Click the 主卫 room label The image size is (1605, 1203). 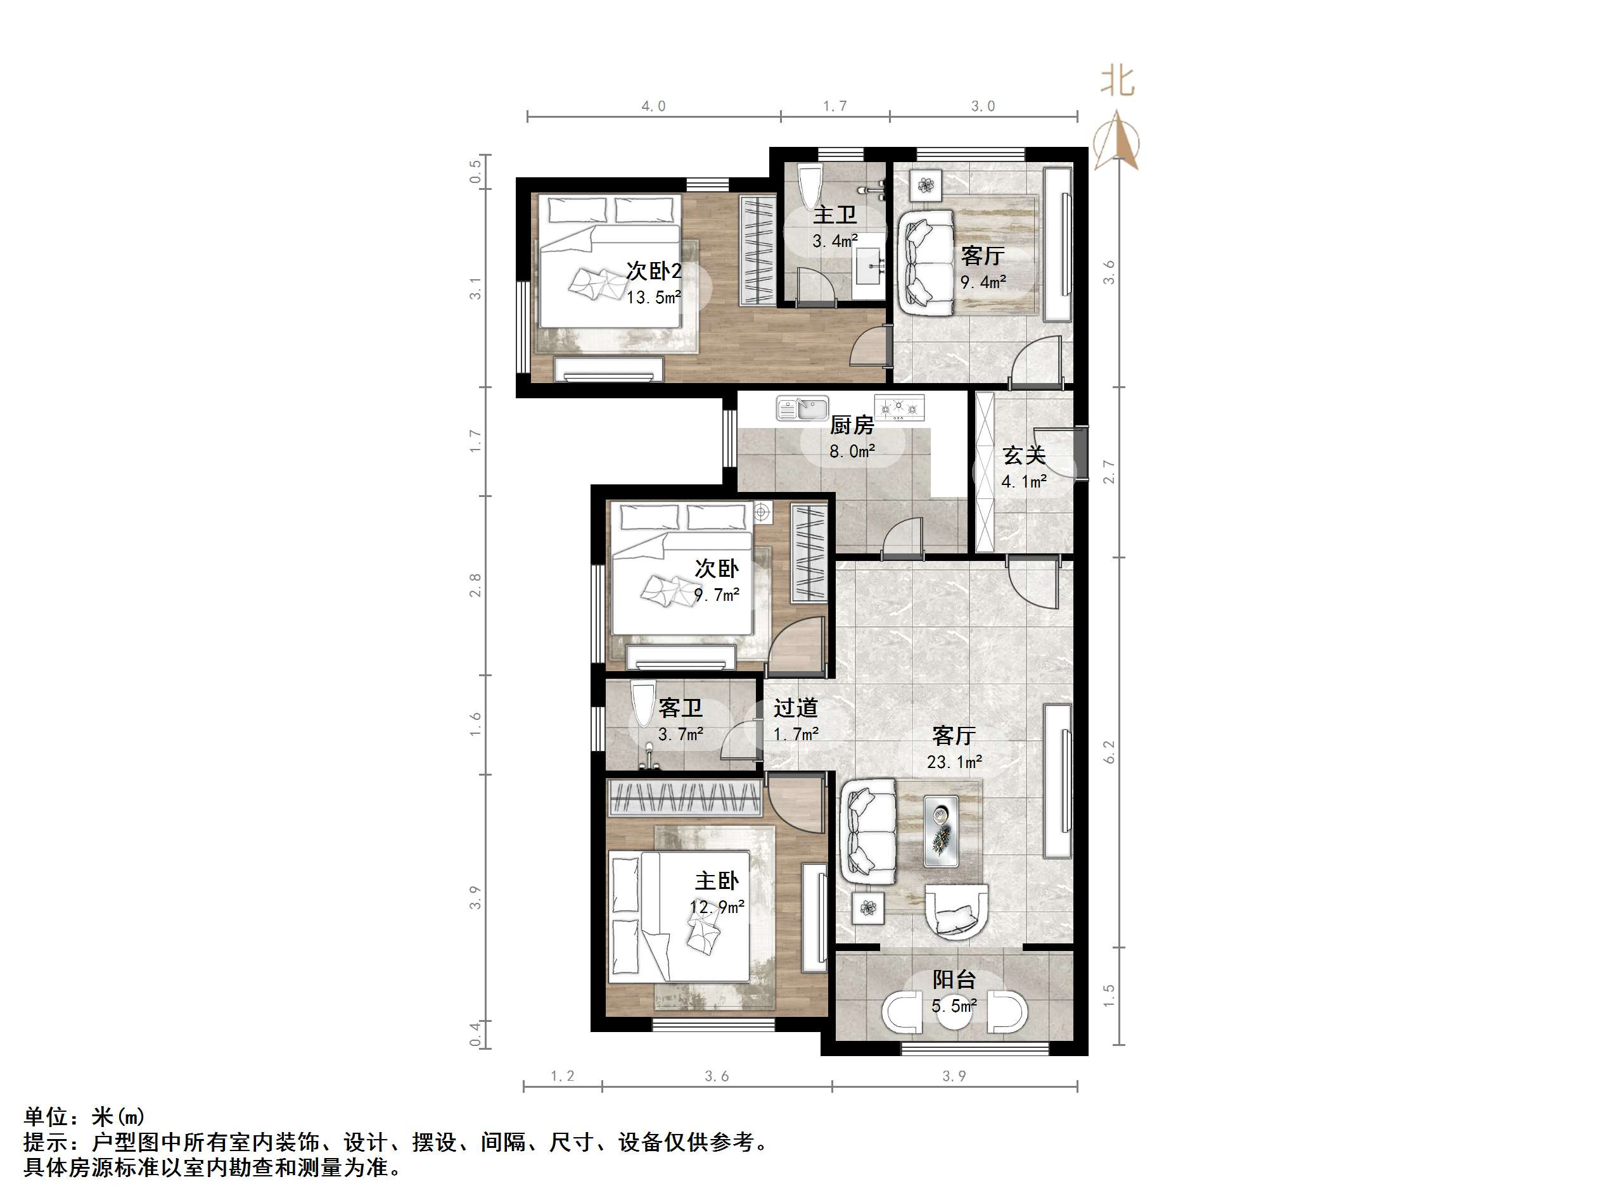[x=834, y=215]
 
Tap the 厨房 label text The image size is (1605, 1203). [x=852, y=425]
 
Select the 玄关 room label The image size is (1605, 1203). [x=1024, y=455]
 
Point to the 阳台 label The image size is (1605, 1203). [x=954, y=979]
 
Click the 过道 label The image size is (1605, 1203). [x=795, y=707]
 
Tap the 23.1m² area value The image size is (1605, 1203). [x=954, y=762]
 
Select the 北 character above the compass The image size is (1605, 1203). [x=1117, y=80]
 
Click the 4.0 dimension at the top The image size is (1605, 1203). [x=653, y=106]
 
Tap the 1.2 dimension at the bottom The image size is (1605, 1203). [x=562, y=1076]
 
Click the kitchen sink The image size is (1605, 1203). [x=802, y=408]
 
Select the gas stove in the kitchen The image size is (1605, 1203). [x=900, y=408]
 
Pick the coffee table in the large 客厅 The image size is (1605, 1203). [x=941, y=831]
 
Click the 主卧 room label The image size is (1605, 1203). [x=717, y=881]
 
